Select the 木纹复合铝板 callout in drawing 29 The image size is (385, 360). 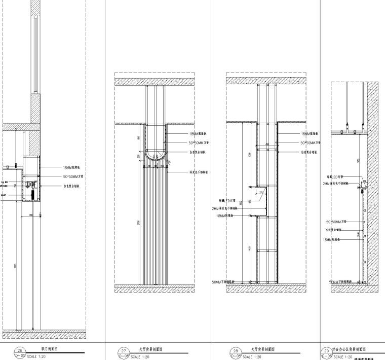click(335, 229)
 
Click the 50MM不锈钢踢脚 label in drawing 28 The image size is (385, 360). click(227, 282)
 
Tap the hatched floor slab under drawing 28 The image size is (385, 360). click(267, 289)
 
